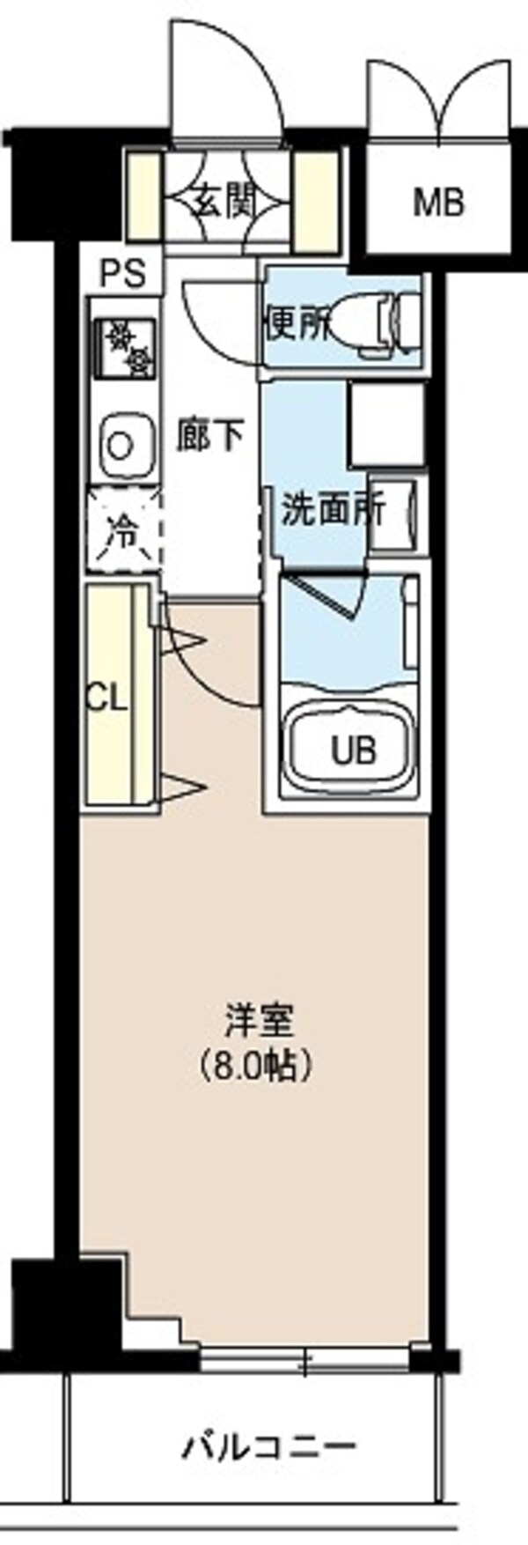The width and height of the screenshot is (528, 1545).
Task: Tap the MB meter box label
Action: click(x=439, y=203)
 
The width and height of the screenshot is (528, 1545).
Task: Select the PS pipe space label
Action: click(x=122, y=274)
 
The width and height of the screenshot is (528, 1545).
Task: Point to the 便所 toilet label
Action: click(x=299, y=326)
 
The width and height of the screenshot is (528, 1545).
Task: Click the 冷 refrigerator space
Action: click(x=123, y=532)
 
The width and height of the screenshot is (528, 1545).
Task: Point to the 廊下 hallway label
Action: click(x=209, y=435)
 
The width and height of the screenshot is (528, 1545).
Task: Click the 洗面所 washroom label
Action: click(x=332, y=510)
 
